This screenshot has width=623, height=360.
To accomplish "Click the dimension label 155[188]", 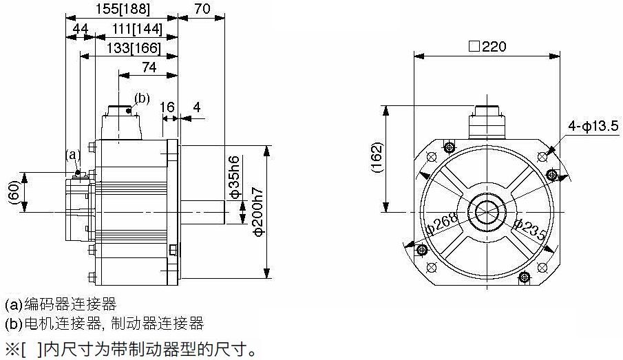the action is (x=123, y=9).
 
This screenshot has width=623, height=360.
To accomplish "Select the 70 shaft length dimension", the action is (x=202, y=9).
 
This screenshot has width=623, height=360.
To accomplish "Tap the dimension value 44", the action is (x=81, y=29).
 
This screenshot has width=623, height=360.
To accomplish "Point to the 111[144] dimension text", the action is (x=137, y=29).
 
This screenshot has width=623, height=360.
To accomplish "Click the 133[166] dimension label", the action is (x=134, y=48).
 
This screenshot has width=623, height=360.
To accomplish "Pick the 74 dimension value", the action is (x=149, y=67).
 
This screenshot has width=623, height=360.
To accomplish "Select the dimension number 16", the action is (x=167, y=107).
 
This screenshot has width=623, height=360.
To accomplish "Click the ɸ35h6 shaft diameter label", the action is (x=235, y=177).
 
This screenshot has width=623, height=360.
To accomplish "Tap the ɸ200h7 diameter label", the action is (x=258, y=211).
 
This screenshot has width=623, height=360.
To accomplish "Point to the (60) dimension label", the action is (x=14, y=193).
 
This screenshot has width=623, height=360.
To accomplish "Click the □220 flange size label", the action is (x=487, y=47).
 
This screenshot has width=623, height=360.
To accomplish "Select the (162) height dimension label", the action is (x=377, y=158).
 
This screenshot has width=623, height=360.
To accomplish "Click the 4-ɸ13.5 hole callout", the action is (x=593, y=127).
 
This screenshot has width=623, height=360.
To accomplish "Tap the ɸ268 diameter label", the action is (x=442, y=224).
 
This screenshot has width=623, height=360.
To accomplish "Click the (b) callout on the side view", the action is (x=142, y=98).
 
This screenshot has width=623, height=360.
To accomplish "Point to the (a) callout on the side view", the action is (x=73, y=154).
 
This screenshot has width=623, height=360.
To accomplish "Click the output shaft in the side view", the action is (x=202, y=212).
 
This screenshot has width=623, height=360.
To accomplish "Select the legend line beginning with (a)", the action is (x=61, y=304).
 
